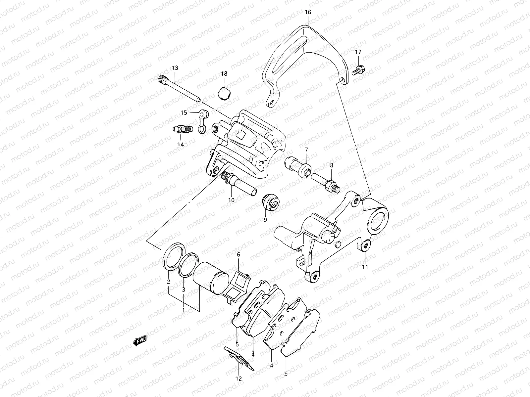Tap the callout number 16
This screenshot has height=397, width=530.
308,13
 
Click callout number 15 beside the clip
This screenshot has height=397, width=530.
184,112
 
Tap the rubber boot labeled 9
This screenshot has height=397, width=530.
271,202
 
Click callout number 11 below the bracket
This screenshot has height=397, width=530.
365,267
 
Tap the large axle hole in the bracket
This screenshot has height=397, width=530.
377,220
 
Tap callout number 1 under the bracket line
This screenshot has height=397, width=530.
183,310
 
